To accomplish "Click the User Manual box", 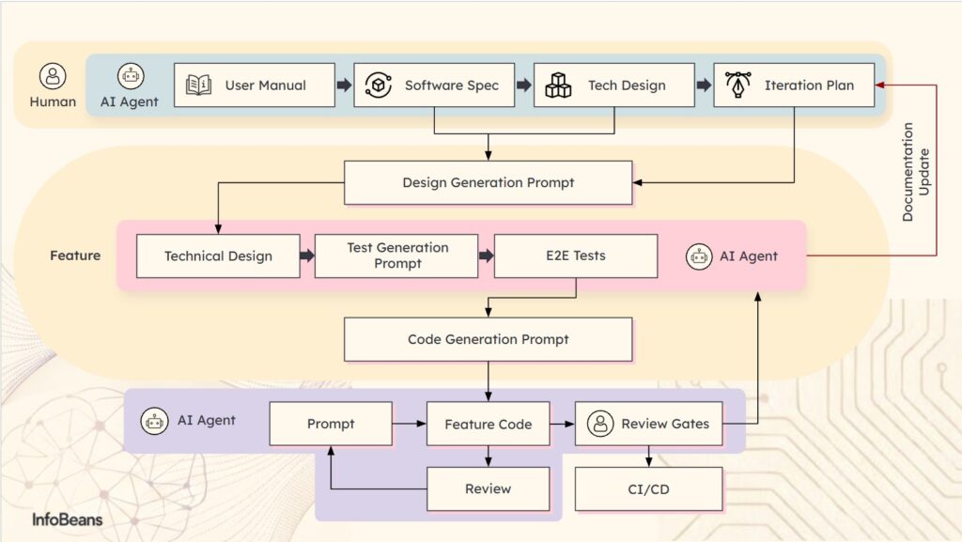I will pos(255,85).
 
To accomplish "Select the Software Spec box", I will pos(434,85).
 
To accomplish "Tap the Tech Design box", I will pos(613,85).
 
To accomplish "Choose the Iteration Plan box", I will pos(794,85).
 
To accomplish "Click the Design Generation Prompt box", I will pos(488,182).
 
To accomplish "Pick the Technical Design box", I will pos(218,256).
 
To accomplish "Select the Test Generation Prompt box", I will pos(396,256).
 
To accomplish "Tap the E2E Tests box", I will pos(576,256).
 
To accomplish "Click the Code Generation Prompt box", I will pos(488,339).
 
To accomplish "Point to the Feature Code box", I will pos(488,425).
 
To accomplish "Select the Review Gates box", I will pos(648,425).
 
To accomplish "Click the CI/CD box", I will pos(648,488).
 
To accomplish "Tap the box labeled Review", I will pos(488,488).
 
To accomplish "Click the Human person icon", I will pos(54,76).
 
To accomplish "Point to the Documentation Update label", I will pos(915,172).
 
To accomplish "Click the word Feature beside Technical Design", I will pos(75,256).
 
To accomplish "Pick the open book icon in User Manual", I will pos(198,85).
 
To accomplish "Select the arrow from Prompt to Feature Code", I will pos(409,425).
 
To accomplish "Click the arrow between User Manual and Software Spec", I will pos(344,85).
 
